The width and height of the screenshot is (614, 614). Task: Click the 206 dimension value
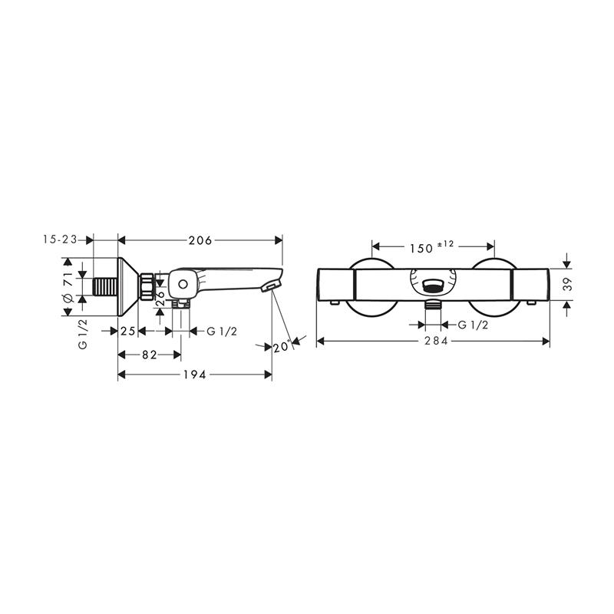click(x=200, y=240)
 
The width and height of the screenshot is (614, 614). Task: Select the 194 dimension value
click(x=195, y=375)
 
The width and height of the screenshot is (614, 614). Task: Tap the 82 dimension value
click(x=149, y=355)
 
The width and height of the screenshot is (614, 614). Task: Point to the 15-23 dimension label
click(x=61, y=239)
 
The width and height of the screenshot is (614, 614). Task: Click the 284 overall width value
click(x=436, y=341)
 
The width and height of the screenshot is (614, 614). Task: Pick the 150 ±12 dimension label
click(x=431, y=247)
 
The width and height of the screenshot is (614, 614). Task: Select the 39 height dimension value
click(x=567, y=284)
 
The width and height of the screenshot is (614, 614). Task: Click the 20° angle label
click(x=282, y=347)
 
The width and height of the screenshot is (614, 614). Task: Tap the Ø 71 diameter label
click(x=68, y=286)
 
